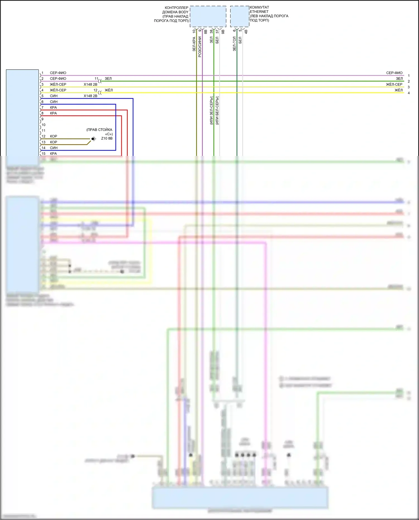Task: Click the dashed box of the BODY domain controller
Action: [208, 16]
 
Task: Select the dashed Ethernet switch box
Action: [240, 16]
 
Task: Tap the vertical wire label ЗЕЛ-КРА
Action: [194, 44]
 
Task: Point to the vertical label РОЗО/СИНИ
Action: [200, 47]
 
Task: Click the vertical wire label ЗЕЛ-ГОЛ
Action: [234, 44]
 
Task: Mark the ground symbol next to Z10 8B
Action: [94, 139]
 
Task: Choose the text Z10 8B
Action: [107, 138]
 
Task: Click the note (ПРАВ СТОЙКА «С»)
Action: [100, 132]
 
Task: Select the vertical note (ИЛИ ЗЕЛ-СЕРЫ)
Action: [211, 110]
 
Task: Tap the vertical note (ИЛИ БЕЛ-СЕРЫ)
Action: [217, 110]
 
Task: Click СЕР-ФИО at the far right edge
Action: [394, 73]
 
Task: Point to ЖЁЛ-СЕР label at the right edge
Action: [394, 84]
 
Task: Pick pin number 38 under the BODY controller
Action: [211, 32]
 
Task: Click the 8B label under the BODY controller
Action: [206, 32]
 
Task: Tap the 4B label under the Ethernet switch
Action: [246, 32]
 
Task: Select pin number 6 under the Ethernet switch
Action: [234, 31]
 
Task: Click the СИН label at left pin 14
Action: [54, 148]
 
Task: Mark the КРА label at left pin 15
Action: [53, 154]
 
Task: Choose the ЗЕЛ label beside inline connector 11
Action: [108, 79]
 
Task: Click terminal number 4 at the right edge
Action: [409, 93]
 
